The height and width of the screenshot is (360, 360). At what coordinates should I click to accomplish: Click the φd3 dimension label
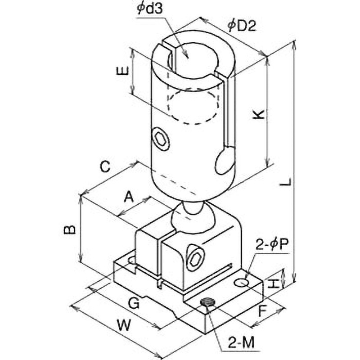click(149, 9)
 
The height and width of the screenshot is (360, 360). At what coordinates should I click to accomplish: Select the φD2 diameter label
click(242, 26)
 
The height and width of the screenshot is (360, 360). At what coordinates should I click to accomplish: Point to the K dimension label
click(258, 114)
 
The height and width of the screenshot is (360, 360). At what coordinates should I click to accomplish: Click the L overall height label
click(286, 181)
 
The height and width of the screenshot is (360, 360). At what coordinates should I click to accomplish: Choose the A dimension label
click(129, 197)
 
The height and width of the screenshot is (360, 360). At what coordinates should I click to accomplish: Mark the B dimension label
click(70, 229)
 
